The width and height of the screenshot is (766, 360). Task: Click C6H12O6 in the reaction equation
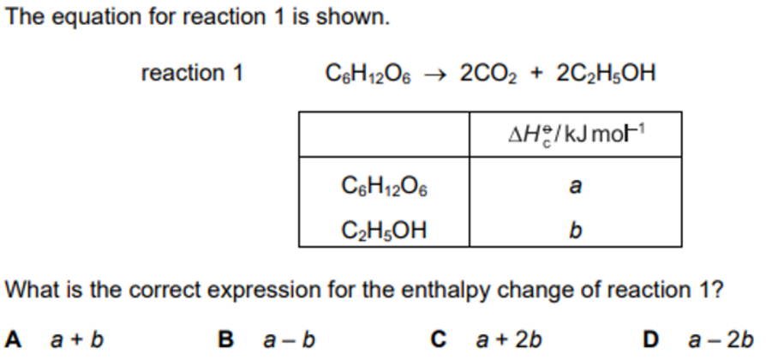coord(370,74)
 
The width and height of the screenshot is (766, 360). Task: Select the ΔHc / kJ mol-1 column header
coord(575,135)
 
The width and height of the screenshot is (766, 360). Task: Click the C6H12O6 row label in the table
coord(385,184)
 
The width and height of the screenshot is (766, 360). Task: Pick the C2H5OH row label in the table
coord(385,229)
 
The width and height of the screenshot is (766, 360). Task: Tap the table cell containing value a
coord(575,184)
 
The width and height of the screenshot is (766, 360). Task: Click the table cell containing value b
coord(575,229)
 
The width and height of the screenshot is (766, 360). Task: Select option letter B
coord(227,336)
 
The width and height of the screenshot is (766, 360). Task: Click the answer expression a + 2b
coord(509,336)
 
